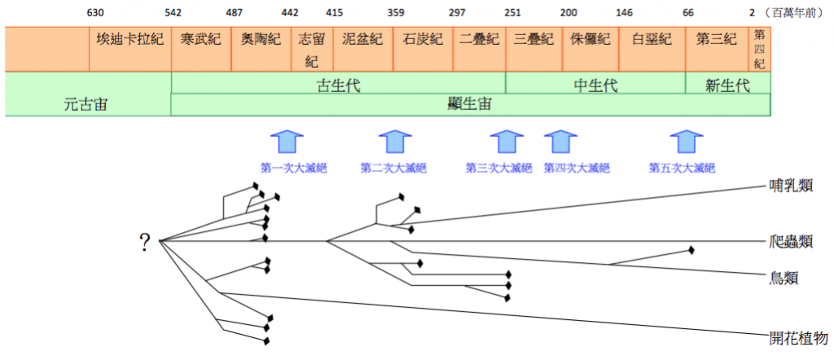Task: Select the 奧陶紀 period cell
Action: tap(260, 42)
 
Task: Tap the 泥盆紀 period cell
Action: tap(362, 42)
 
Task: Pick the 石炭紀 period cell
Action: tap(423, 42)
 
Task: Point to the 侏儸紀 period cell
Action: tap(590, 42)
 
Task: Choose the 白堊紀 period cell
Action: tap(652, 42)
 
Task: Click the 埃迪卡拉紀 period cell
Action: tap(129, 42)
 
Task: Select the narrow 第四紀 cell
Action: tap(759, 49)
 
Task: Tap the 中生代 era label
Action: tap(595, 85)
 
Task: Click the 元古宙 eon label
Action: tap(86, 104)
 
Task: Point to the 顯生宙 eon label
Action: tap(470, 104)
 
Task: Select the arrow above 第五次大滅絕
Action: tap(686, 141)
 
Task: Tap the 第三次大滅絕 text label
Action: tap(498, 169)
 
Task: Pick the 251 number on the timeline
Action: tap(512, 13)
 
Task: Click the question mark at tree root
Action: tap(145, 240)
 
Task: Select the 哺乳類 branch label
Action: tap(791, 187)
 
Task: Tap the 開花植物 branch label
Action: tap(797, 336)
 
